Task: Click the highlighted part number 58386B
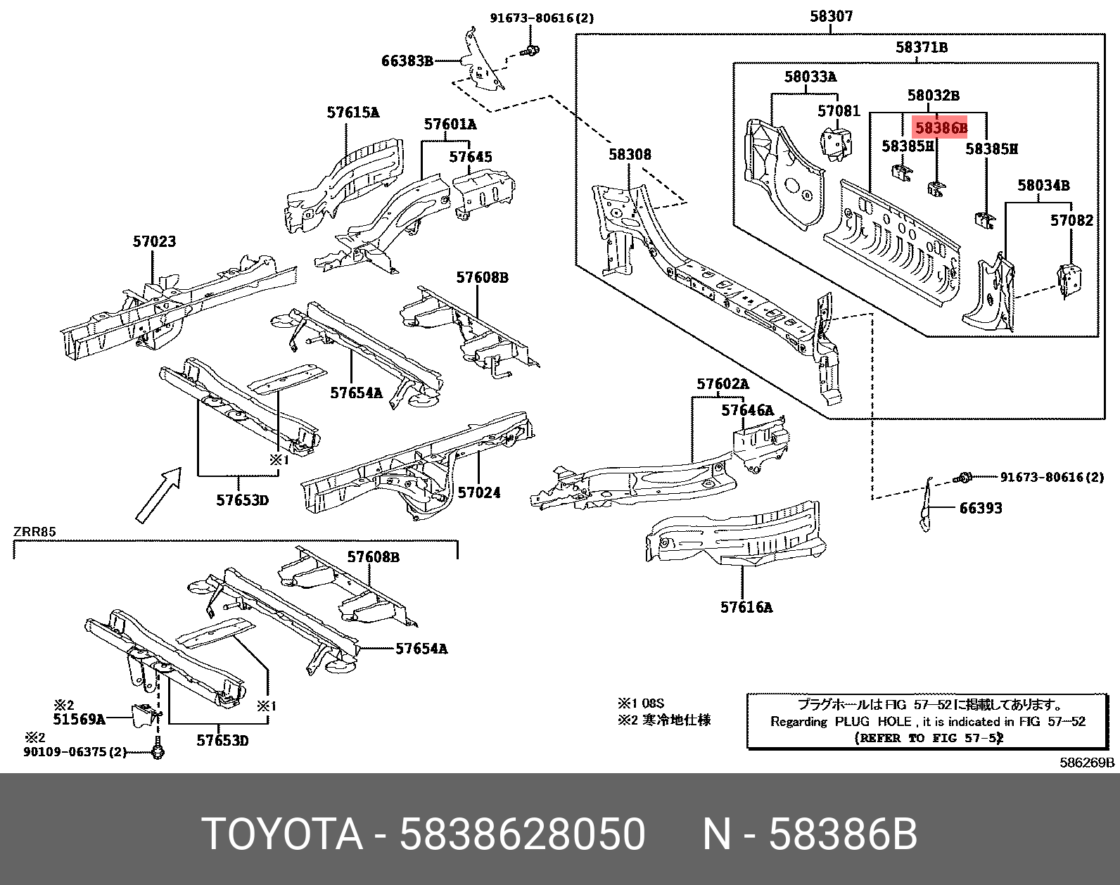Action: pos(941,128)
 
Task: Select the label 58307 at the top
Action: pos(831,15)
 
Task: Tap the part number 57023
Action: pos(154,241)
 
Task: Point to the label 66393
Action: pos(980,508)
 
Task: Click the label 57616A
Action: pos(746,607)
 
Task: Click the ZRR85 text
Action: pos(34,532)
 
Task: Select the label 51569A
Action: pos(79,719)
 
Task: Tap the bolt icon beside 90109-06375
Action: pos(158,752)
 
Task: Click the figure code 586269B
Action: pos(1087,763)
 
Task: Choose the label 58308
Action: pos(630,154)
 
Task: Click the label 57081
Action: pos(839,111)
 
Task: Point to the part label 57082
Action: pos(1071,220)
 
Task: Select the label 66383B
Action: pos(407,61)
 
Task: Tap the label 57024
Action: pos(478,492)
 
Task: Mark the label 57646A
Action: pos(746,410)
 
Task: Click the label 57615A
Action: pos(352,113)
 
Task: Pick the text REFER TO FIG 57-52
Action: pos(928,738)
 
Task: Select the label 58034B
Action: pos(1043,186)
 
